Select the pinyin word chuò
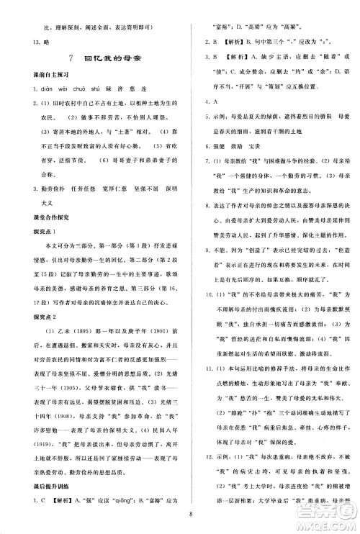70,91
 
